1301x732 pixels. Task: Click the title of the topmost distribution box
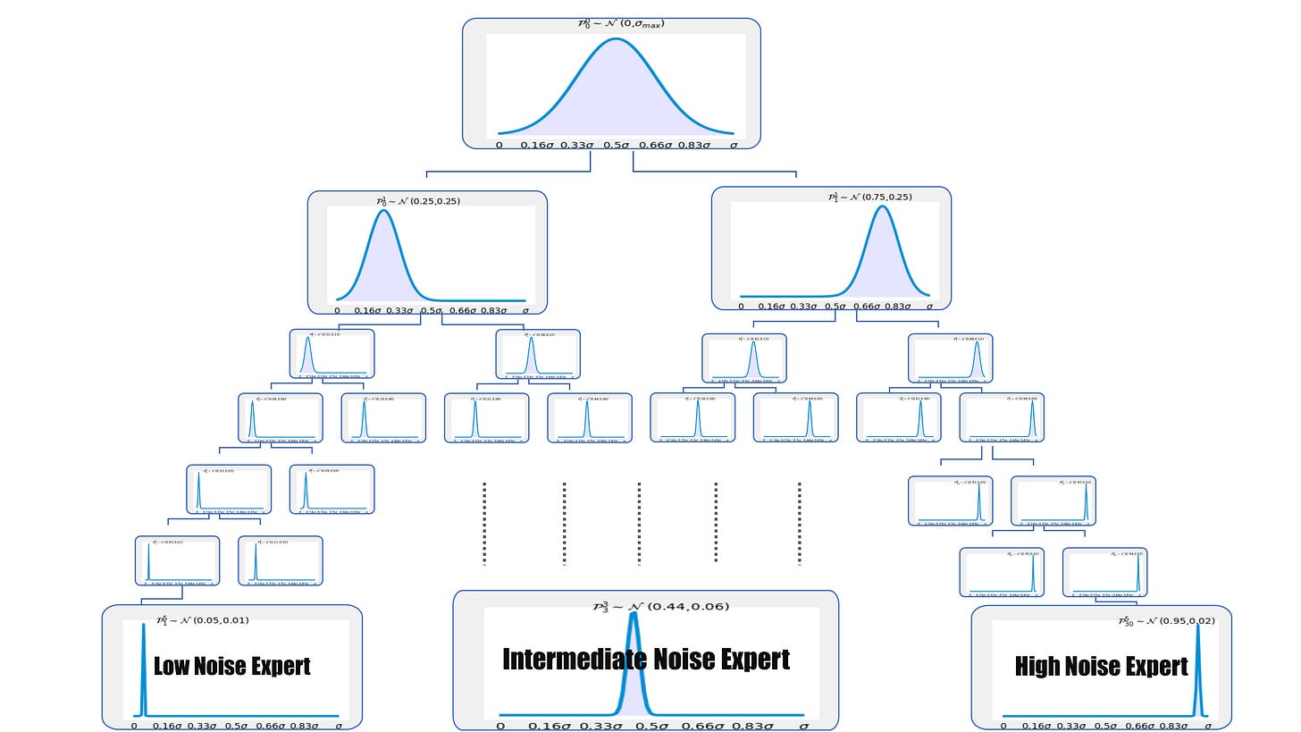(x=620, y=24)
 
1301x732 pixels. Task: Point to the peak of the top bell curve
(x=617, y=39)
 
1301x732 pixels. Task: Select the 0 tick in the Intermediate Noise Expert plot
(x=500, y=726)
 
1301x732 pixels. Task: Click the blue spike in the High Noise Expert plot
(x=1199, y=670)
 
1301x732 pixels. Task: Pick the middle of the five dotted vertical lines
(x=639, y=523)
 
